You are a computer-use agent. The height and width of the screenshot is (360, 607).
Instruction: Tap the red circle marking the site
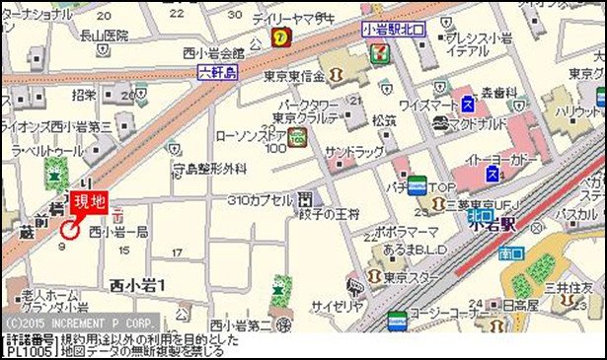[69, 231]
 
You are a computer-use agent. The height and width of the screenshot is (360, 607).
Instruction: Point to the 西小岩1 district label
[138, 285]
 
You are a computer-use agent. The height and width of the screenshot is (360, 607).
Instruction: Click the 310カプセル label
[260, 199]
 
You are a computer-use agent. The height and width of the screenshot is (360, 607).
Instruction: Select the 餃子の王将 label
[332, 215]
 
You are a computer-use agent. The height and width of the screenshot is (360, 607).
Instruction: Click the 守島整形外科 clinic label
[208, 169]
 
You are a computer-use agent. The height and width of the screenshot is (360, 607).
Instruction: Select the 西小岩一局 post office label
[118, 232]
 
